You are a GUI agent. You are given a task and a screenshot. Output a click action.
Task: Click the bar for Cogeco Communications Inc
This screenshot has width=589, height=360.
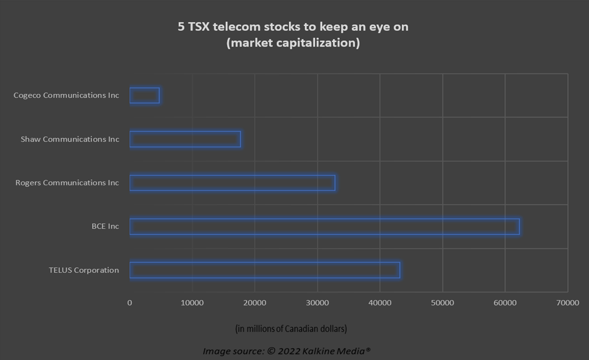click(145, 88)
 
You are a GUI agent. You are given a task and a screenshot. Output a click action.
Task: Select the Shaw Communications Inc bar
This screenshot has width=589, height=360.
click(185, 132)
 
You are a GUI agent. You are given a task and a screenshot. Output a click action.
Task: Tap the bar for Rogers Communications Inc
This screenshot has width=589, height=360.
click(232, 175)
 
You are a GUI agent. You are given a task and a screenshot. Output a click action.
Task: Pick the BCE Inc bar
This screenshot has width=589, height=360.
click(325, 219)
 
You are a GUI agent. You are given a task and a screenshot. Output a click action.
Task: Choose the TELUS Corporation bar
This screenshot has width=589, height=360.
click(265, 263)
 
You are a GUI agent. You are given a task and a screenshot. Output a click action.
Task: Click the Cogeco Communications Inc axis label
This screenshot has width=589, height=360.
click(66, 95)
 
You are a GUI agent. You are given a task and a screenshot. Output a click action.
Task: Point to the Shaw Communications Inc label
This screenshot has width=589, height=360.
click(70, 139)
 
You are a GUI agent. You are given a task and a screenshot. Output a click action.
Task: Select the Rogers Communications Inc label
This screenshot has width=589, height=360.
click(67, 183)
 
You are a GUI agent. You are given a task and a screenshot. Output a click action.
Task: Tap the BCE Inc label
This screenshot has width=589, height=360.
click(105, 226)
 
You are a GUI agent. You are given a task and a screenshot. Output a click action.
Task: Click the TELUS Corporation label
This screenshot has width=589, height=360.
click(84, 270)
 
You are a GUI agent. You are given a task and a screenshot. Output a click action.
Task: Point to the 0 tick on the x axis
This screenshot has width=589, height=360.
click(130, 303)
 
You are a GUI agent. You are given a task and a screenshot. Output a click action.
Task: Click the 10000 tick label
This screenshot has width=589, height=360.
click(192, 303)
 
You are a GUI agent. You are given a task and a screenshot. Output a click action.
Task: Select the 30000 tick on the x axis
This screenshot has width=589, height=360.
click(317, 303)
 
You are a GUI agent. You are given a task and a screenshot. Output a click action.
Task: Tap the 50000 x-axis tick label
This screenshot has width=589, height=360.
click(442, 303)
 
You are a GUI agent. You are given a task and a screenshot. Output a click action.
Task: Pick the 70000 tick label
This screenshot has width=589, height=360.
click(568, 303)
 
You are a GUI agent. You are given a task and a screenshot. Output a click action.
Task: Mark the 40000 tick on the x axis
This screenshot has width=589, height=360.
click(380, 303)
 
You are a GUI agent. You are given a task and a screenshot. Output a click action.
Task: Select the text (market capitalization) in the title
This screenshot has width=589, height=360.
click(293, 43)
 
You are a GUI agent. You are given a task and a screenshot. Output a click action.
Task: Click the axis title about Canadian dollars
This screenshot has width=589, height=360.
click(291, 329)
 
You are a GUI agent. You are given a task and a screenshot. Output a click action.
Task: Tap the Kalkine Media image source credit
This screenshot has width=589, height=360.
click(286, 351)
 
